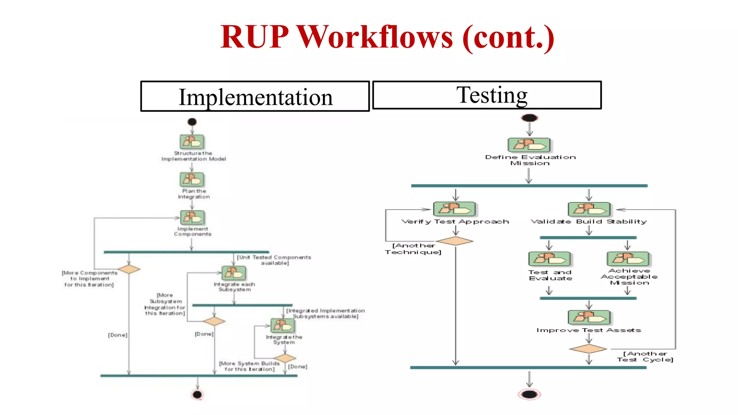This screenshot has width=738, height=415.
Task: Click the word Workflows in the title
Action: point(375,37)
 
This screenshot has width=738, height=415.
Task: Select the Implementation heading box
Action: point(255,97)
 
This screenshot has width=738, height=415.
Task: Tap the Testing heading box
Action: point(487,95)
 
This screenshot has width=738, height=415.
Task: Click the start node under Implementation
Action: point(192,122)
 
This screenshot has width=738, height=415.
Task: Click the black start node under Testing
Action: point(529,118)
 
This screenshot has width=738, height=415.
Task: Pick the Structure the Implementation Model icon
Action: point(192,142)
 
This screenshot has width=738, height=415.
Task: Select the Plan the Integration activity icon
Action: point(192,179)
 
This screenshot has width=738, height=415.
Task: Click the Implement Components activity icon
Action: point(192,217)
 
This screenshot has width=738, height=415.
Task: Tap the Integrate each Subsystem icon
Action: point(234,273)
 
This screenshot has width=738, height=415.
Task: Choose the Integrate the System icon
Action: point(283,326)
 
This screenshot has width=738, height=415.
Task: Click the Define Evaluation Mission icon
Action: point(529,145)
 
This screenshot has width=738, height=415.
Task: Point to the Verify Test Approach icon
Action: point(454,209)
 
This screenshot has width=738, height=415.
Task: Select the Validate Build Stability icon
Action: point(589,209)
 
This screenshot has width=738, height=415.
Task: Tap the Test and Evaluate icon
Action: point(550,259)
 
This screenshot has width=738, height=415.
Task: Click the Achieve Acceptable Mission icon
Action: point(628,259)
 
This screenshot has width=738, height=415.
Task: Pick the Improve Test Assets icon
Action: point(589,317)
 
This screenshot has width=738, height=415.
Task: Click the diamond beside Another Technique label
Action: point(455,241)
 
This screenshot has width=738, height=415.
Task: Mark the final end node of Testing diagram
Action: point(529,394)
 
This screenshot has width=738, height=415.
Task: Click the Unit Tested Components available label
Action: point(274,260)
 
